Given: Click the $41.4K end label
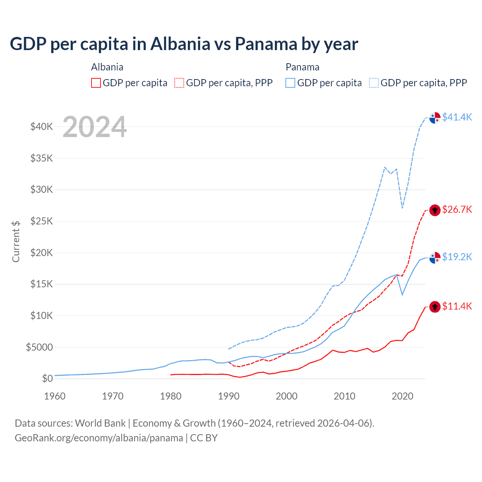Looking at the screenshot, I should pos(457,117).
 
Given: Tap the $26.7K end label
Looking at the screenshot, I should pos(457,209).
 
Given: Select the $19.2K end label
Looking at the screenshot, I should pos(457,257).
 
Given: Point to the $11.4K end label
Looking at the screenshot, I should pos(457,306).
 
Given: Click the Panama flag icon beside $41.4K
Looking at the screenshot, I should pos(435,117).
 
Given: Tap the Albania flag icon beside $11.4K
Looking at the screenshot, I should pos(435,307).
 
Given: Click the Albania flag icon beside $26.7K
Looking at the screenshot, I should pos(435,210).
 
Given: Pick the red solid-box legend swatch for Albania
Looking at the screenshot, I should pos(96,83).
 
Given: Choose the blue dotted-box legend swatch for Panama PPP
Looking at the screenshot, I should pos(374,83).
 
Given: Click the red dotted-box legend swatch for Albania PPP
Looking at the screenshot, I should pos(179,83).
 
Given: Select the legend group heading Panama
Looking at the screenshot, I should pos(302,67).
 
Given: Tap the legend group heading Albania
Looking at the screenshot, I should pos(107,67).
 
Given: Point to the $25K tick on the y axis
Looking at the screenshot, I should pos(42,221).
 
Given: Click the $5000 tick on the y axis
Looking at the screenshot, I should pos(40,347).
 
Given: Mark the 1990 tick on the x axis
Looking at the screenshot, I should pos(229,396).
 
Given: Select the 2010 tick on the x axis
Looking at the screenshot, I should pos(345,396).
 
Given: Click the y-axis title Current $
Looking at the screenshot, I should pos(16,242).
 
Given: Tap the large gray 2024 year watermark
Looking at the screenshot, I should pos(95,127).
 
